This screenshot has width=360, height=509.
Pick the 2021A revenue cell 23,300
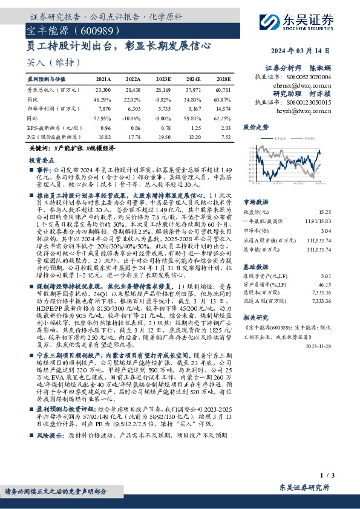click(x=103, y=89)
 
